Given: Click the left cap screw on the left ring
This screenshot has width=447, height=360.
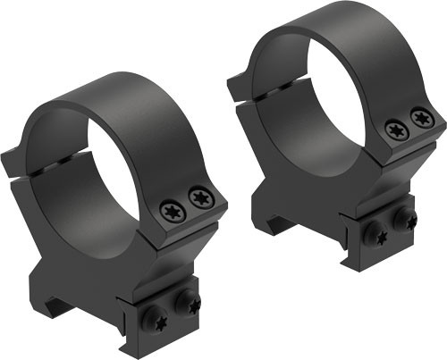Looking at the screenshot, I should [x=170, y=211].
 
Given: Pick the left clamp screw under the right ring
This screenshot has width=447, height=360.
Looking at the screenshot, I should [x=374, y=233].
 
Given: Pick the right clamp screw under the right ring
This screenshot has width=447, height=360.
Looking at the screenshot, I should [x=405, y=218].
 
